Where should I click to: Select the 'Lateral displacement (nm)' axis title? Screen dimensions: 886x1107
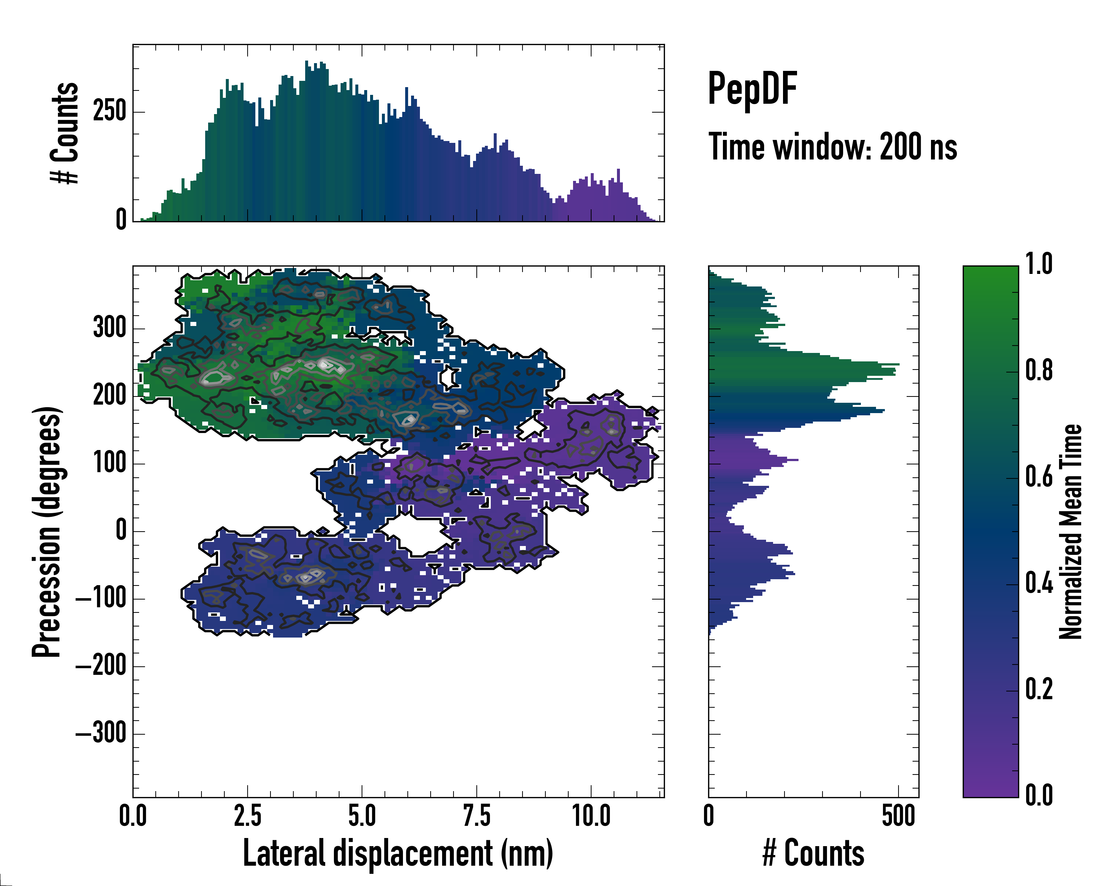coord(398,854)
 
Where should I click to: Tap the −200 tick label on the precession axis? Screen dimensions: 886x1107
coord(101,666)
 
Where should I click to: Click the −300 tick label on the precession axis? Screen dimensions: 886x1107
coord(101,734)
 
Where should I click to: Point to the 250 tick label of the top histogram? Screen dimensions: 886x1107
coord(109,111)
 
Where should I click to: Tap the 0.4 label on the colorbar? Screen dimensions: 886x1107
coord(1039,584)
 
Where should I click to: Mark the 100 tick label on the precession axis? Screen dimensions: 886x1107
coord(109,463)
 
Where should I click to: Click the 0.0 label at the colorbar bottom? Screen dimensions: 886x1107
coord(1039,795)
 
